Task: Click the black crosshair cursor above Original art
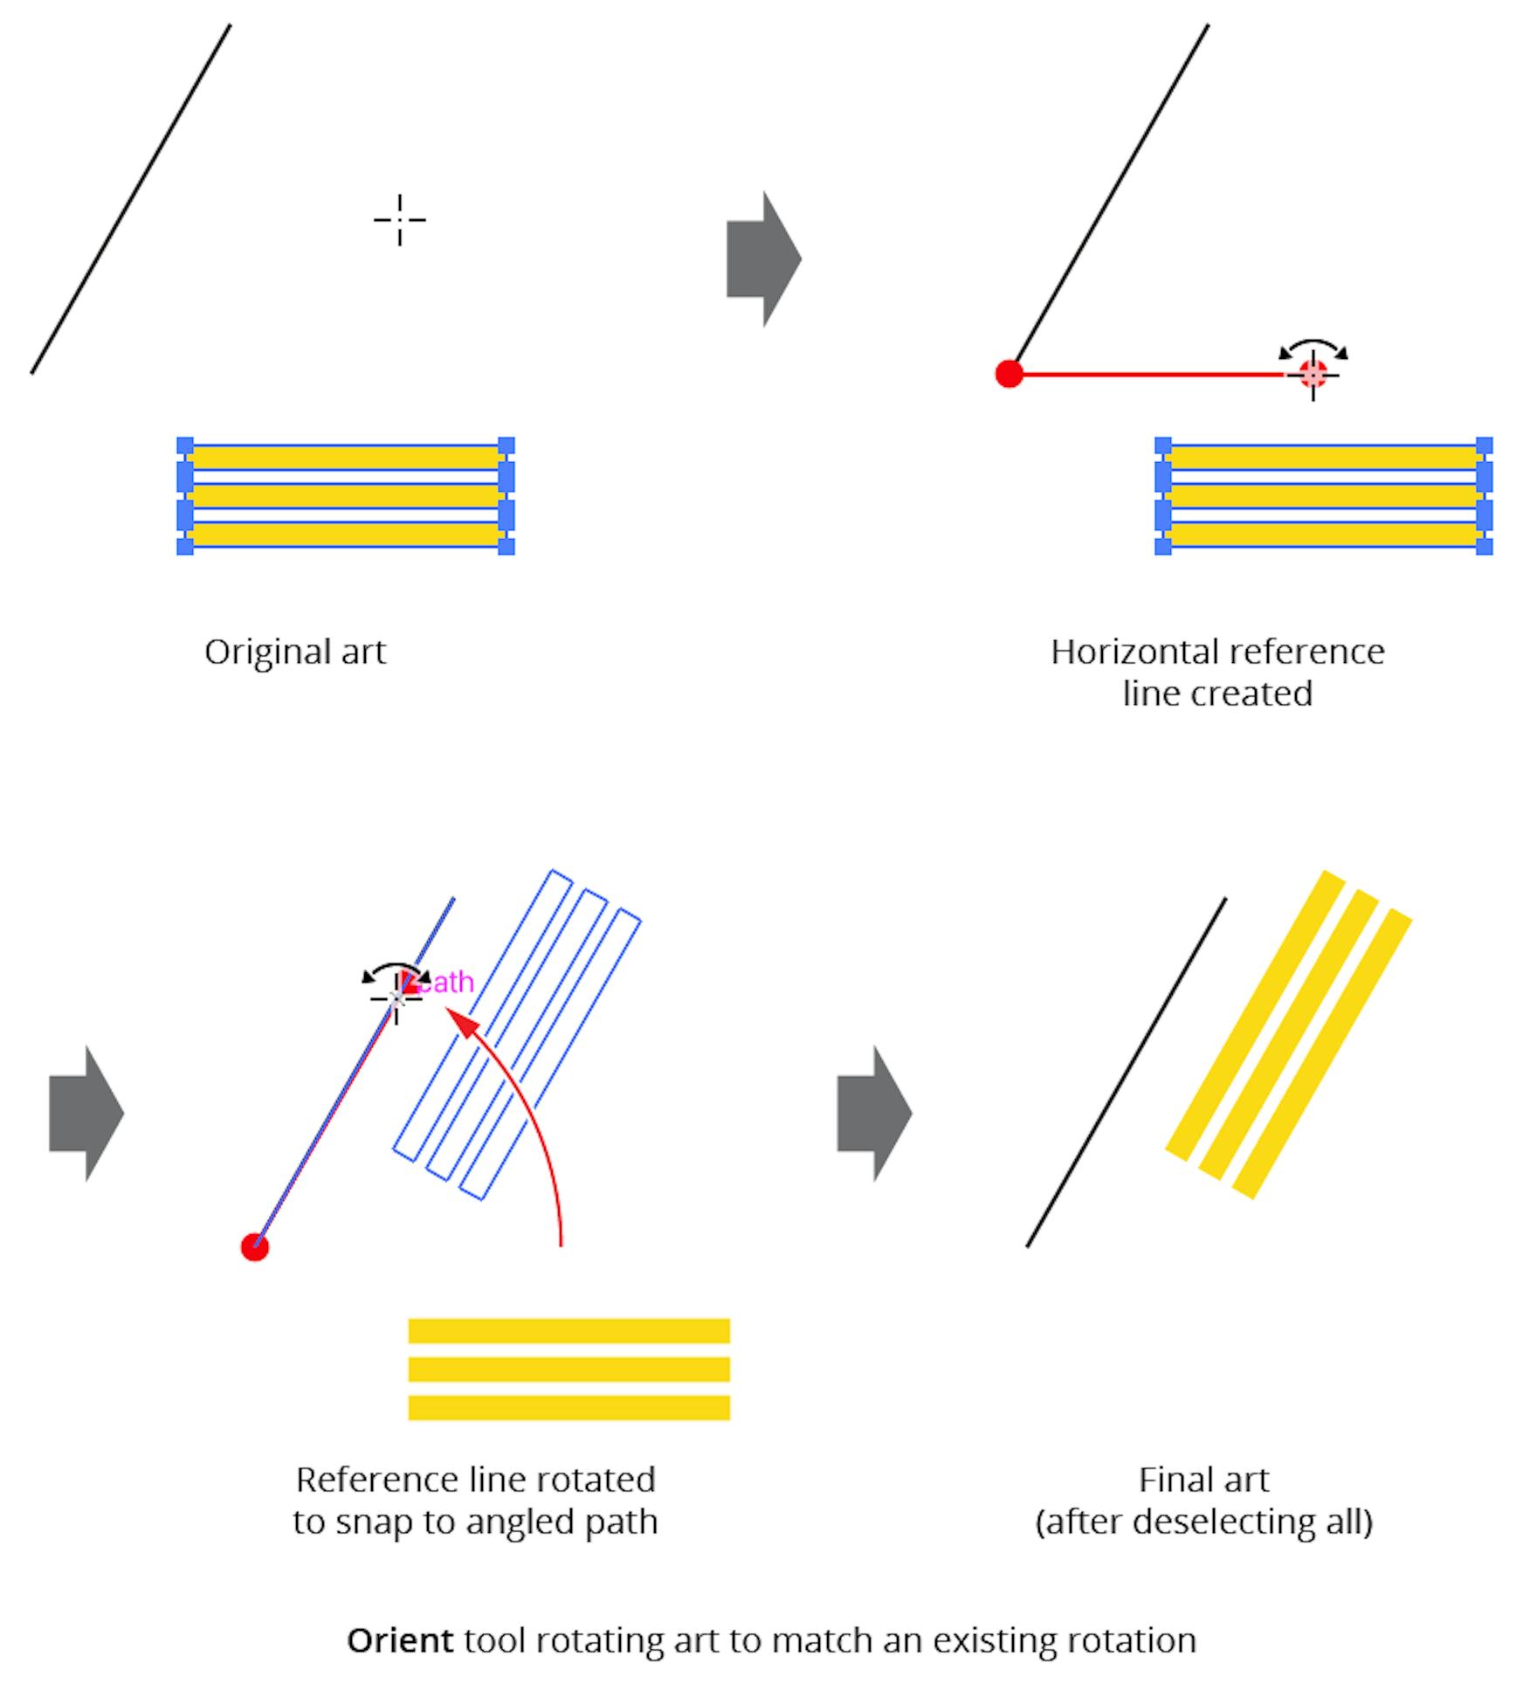[x=400, y=219]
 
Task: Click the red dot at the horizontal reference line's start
[x=1009, y=374]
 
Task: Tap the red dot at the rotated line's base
[x=254, y=1247]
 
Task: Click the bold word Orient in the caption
[x=400, y=1640]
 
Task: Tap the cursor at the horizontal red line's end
[x=1313, y=374]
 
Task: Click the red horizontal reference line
[x=1153, y=374]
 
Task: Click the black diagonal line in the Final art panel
[x=1126, y=1073]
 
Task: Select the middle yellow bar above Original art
[x=345, y=495]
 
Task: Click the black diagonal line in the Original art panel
[x=131, y=199]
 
